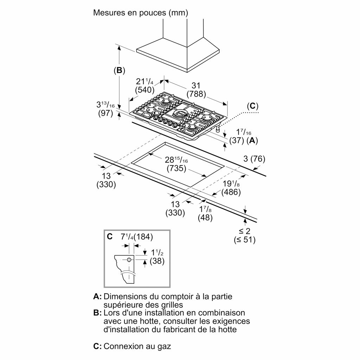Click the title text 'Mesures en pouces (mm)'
141,13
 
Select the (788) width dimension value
196,94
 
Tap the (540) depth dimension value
144,90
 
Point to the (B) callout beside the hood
120,70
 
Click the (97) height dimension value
105,114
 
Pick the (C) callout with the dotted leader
252,106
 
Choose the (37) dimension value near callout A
237,140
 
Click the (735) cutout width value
176,168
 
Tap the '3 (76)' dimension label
254,159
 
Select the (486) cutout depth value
231,192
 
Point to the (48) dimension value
205,217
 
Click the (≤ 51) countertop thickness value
245,240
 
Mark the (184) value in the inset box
143,237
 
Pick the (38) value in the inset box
157,261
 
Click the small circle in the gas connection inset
129,260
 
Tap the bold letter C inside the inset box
110,237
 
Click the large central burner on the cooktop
182,113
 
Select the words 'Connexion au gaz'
137,346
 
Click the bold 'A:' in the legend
97,296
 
